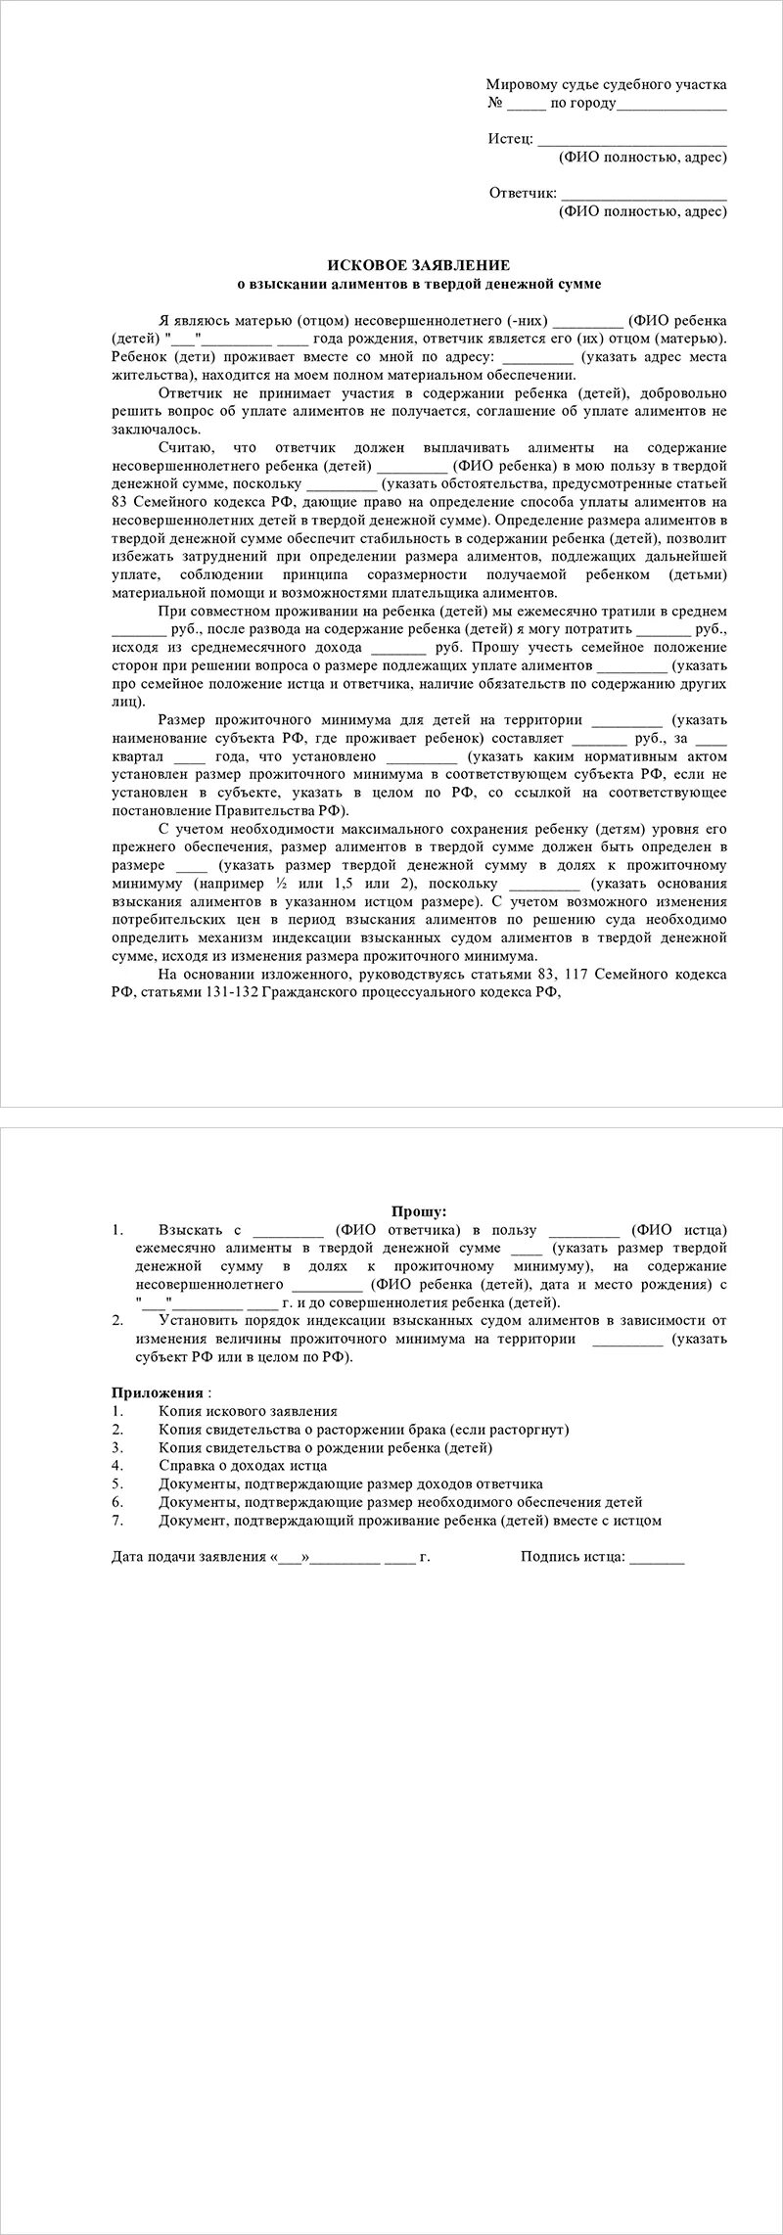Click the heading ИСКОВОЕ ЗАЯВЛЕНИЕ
[418, 265]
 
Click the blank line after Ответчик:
[643, 194]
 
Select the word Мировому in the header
[519, 86]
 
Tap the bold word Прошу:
[419, 1211]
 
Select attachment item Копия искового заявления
[248, 1411]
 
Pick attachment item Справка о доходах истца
[243, 1466]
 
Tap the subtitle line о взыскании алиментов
[419, 284]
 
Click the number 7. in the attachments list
[117, 1521]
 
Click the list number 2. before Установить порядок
[117, 1321]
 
